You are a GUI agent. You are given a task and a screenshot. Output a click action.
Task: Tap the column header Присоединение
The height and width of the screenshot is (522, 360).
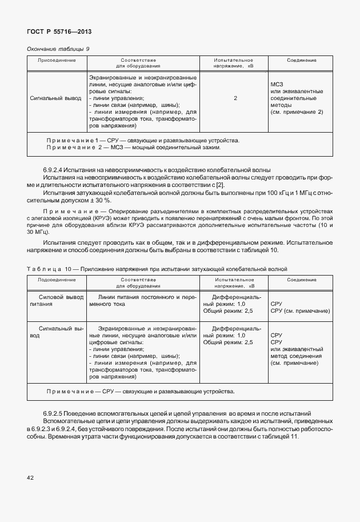57,60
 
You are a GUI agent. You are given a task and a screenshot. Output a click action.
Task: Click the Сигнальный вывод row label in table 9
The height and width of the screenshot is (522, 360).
55,98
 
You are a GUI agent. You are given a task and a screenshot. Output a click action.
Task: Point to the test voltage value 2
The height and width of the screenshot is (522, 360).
235,98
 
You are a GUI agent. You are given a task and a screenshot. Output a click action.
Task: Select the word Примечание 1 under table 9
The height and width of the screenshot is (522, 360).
70,140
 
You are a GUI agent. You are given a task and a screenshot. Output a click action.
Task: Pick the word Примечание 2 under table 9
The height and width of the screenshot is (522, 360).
71,148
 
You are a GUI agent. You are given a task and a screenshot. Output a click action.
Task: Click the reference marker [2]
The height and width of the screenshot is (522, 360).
221,184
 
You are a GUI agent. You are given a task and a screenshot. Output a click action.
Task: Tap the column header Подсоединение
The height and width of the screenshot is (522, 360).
57,280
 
